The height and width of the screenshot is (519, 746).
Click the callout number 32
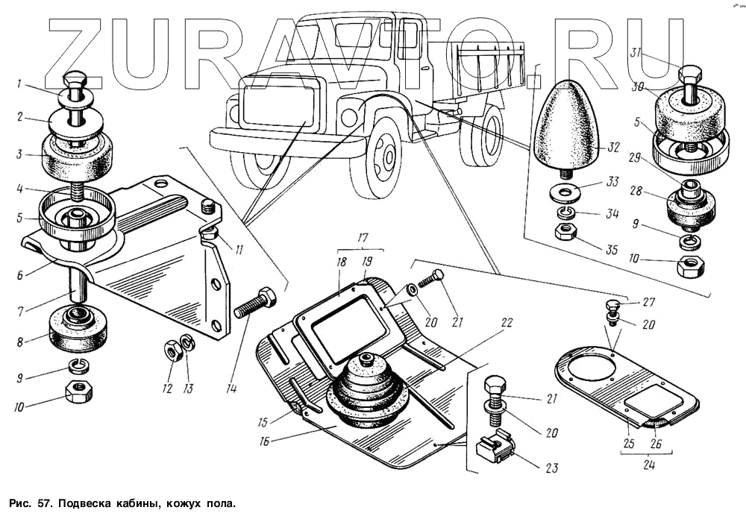(x=612, y=148)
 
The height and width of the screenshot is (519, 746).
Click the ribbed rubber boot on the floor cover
(x=365, y=389)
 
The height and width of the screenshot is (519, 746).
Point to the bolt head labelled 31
(x=688, y=75)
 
